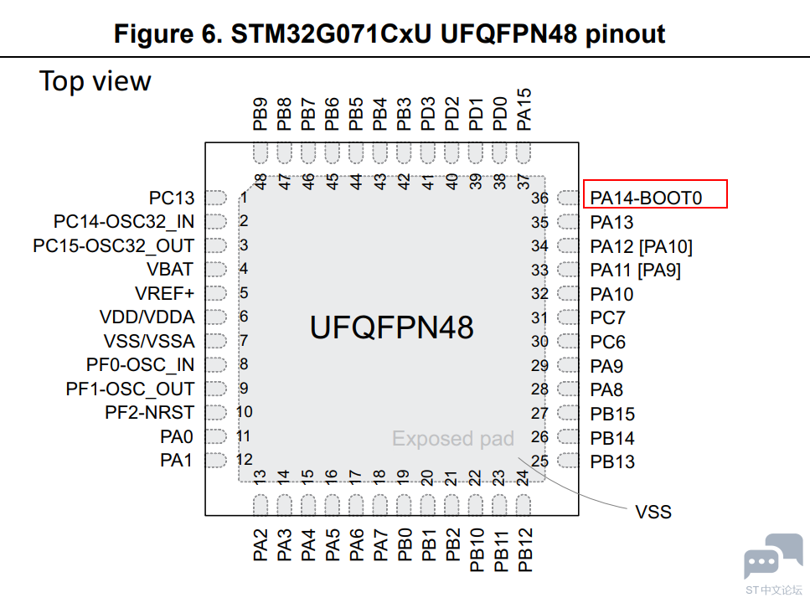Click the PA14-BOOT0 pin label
tap(646, 198)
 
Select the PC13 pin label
tap(172, 198)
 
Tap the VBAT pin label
tap(169, 269)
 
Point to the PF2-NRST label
tap(149, 412)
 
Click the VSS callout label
tap(653, 512)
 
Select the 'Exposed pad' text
tap(453, 439)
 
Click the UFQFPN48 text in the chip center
tap(391, 327)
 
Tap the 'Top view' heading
tap(95, 81)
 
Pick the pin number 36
tap(539, 198)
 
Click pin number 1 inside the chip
tap(244, 198)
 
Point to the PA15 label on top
tap(524, 110)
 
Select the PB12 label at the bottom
tap(524, 549)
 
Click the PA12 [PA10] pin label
tap(641, 246)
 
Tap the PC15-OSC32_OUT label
tap(114, 246)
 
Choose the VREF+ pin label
tap(164, 293)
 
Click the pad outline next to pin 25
tap(568, 461)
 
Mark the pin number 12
tap(244, 459)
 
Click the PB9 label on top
tap(261, 114)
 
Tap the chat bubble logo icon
tap(773, 556)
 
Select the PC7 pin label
tap(607, 317)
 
